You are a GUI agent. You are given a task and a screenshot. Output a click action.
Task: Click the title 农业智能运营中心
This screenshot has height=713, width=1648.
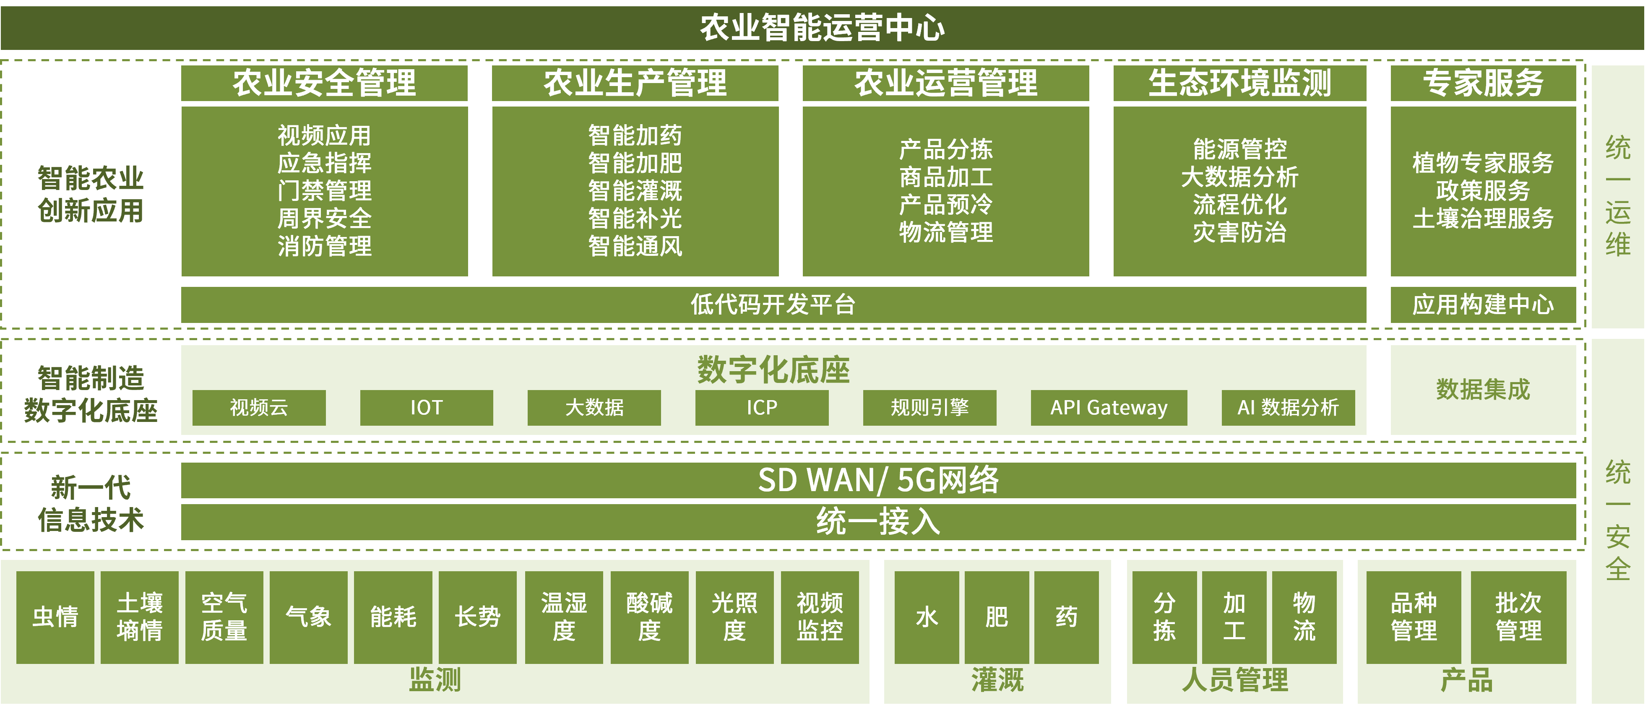822,28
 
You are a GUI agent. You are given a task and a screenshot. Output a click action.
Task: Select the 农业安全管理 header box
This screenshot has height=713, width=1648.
324,83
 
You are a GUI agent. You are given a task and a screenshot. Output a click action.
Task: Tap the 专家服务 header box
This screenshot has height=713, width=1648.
1482,83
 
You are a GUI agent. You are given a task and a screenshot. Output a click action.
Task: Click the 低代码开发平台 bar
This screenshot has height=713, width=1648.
773,304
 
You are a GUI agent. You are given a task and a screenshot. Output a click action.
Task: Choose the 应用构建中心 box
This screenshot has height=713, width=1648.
1482,304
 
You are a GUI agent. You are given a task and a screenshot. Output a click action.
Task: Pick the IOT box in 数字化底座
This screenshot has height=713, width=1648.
426,407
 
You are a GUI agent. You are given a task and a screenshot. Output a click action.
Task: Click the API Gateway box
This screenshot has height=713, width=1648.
1109,407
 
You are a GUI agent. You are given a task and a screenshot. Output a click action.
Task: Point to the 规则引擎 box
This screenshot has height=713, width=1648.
929,407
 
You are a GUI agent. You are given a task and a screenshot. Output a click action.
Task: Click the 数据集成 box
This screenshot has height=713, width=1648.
1482,390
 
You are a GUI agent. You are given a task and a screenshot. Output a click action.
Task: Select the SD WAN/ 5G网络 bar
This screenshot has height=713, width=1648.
878,480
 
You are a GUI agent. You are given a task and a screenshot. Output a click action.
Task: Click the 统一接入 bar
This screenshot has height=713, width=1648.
878,522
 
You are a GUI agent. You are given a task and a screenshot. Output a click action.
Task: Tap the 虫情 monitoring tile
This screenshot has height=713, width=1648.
55,617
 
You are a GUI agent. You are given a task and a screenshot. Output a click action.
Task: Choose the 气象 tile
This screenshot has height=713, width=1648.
308,617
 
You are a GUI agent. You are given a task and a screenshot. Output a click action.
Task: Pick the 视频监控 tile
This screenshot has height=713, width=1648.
820,617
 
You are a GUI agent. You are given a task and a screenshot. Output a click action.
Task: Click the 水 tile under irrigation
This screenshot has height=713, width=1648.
927,617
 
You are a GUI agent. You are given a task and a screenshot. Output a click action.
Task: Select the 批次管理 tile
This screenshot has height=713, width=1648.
1518,617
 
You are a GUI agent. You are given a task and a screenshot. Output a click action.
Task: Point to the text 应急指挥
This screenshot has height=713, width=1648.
324,163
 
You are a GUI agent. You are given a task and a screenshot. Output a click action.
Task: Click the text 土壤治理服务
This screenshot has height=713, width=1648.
1482,219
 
